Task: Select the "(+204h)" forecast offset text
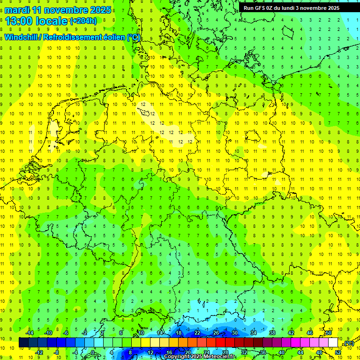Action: [x=83, y=21]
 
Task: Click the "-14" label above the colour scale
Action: [x=30, y=333]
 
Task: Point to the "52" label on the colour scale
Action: [x=338, y=352]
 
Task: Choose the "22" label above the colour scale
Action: [x=197, y=333]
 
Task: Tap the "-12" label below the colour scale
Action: [x=39, y=352]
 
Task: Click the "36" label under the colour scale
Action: [x=263, y=352]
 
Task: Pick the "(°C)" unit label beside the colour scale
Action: [x=348, y=344]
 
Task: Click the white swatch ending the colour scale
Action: [x=333, y=343]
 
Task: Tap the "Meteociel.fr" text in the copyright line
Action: [x=219, y=357]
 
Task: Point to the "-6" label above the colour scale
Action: [x=66, y=333]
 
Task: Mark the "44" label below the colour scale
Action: [x=300, y=352]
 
